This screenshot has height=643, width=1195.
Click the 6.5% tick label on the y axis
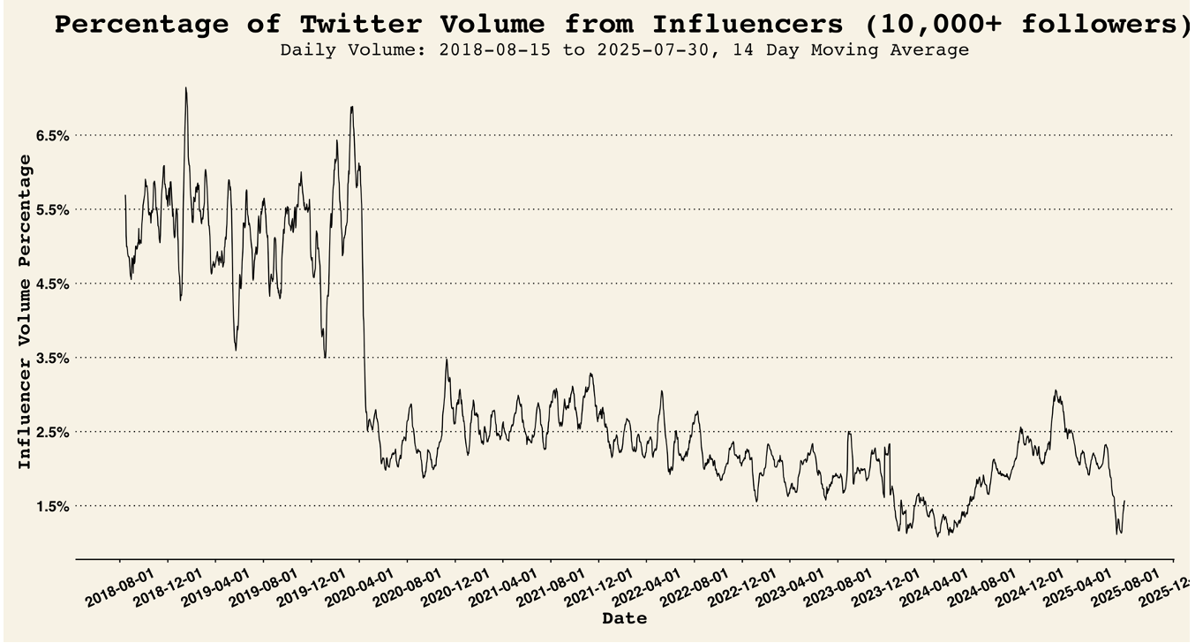click(52, 135)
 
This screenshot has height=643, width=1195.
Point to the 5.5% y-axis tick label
click(52, 209)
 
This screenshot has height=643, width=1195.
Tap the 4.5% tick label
click(52, 284)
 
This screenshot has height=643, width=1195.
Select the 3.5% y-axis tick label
click(52, 358)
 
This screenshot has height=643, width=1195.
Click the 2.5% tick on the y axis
click(52, 432)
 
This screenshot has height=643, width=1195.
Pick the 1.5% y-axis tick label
click(52, 506)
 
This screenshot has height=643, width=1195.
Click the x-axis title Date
click(624, 619)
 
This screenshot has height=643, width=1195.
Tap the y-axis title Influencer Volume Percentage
click(25, 311)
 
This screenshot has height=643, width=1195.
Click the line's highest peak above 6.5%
click(185, 87)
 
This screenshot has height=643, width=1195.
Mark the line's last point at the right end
click(1124, 500)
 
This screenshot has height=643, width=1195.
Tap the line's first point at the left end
click(125, 195)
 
